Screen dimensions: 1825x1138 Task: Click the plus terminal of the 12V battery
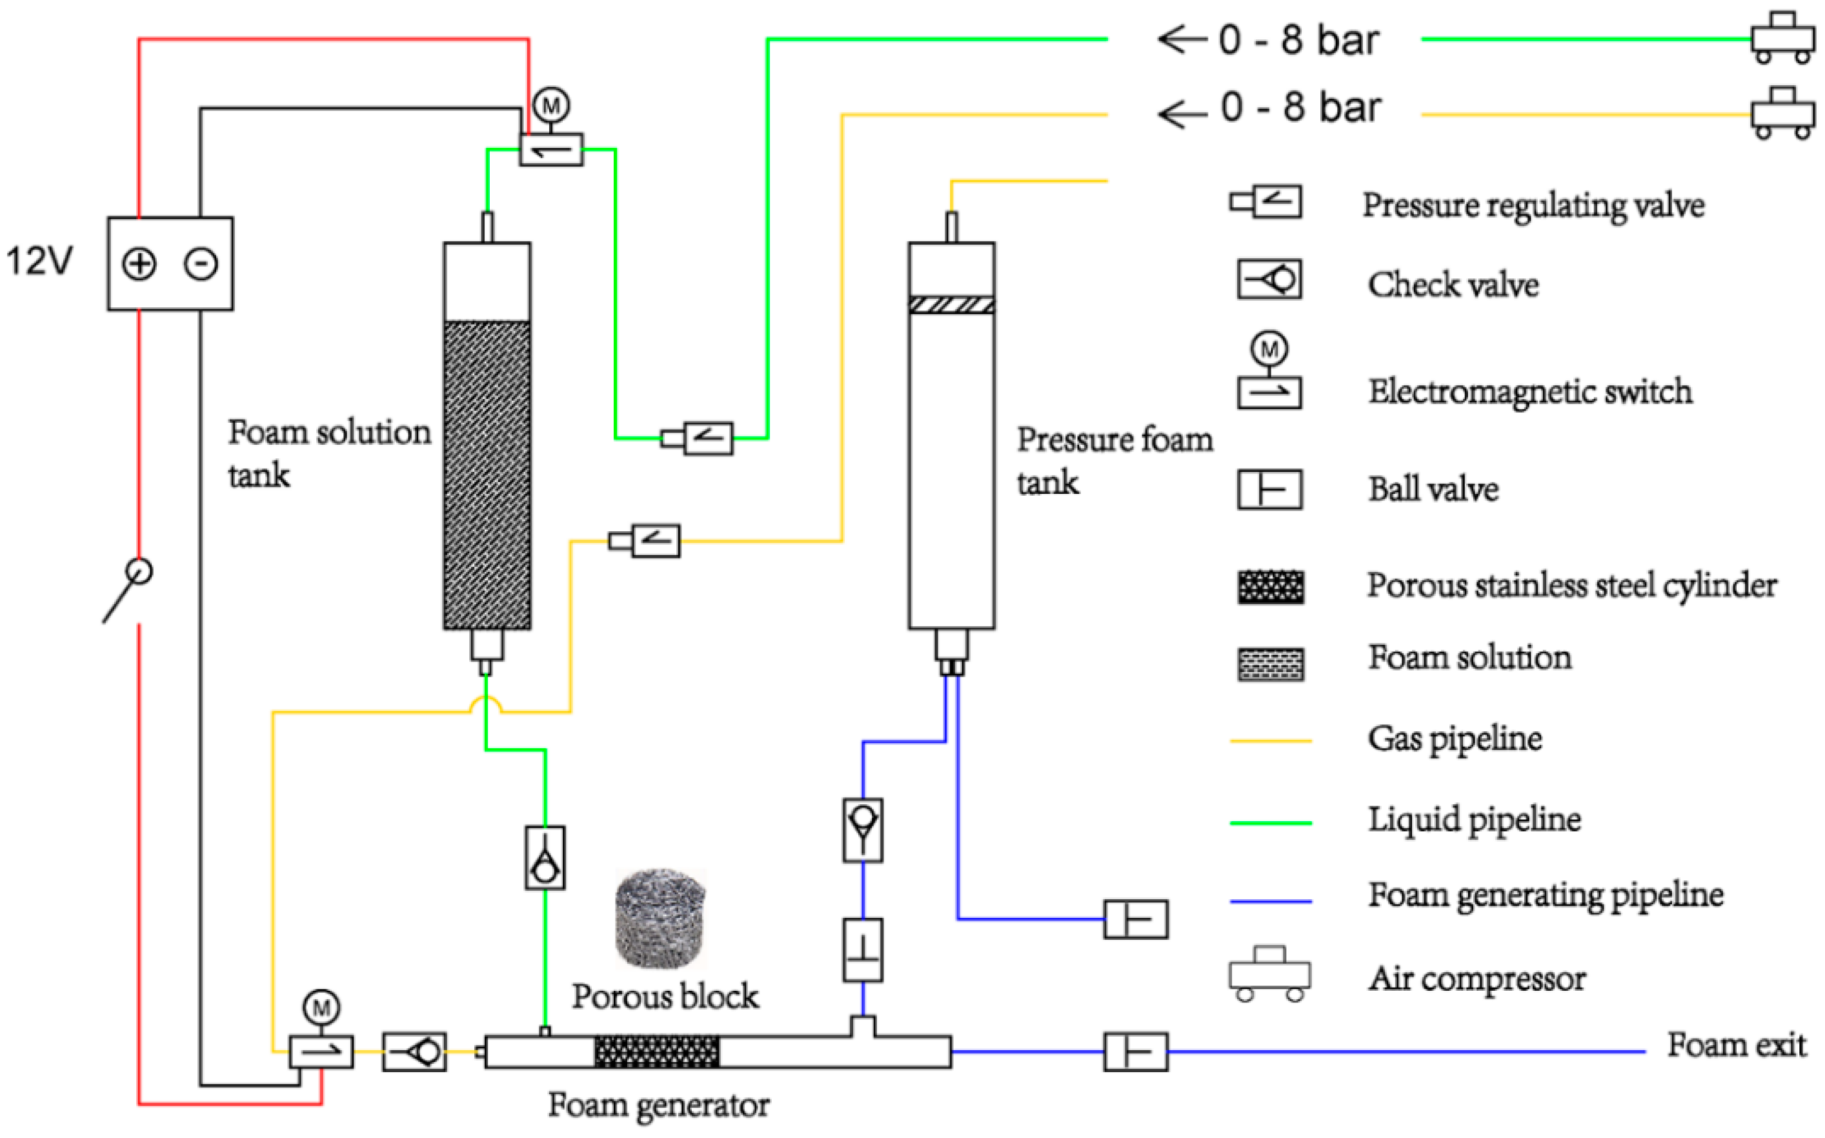(x=139, y=263)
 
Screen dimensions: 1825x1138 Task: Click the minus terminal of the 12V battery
(x=201, y=263)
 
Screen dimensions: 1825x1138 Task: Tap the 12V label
(x=39, y=261)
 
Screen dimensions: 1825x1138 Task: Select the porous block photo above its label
(x=660, y=919)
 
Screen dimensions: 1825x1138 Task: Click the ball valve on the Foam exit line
(x=1135, y=1052)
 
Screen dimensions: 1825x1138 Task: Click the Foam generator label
(x=658, y=1106)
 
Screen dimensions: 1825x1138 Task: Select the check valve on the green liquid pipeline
(x=545, y=858)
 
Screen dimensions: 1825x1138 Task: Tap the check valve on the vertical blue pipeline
(x=862, y=830)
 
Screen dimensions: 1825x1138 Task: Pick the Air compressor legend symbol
(x=1270, y=974)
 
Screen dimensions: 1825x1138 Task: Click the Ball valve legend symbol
(x=1270, y=489)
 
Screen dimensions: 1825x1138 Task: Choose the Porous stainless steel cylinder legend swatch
(x=1271, y=587)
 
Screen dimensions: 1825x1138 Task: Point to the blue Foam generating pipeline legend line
(x=1271, y=901)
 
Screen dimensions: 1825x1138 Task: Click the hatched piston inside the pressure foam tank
(x=952, y=305)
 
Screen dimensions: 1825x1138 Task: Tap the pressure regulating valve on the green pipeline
(x=698, y=438)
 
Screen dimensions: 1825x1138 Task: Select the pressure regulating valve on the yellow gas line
(x=645, y=540)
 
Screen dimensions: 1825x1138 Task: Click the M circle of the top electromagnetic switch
(x=551, y=105)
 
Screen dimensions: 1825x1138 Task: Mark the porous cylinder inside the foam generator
(x=657, y=1052)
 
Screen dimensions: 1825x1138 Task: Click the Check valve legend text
(x=1453, y=285)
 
